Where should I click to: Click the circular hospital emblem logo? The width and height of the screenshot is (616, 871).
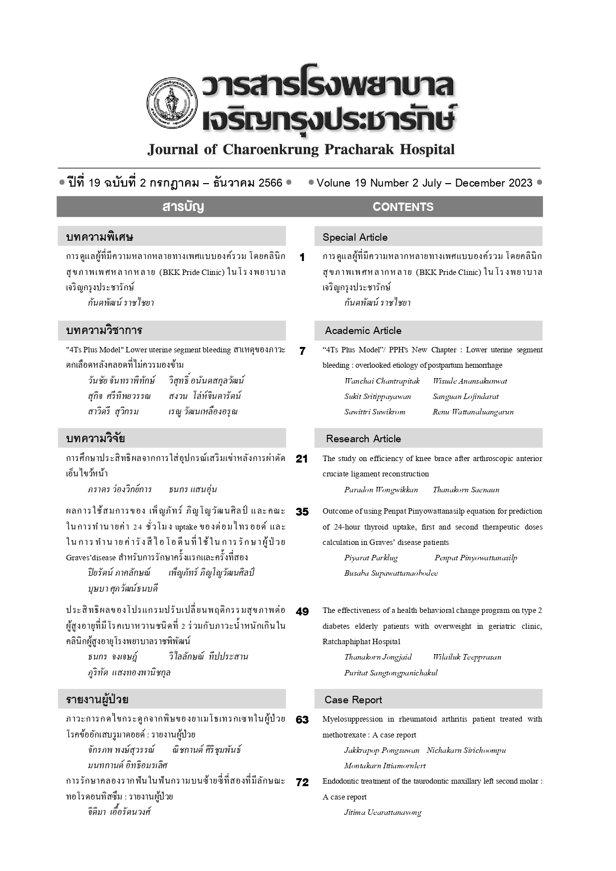pos(172,103)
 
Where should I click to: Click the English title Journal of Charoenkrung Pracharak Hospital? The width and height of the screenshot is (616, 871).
pos(301,149)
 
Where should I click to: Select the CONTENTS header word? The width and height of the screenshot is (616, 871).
pos(403,207)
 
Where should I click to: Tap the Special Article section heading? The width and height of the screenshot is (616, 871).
pos(355,237)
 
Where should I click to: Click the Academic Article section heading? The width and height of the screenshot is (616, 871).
pos(363,331)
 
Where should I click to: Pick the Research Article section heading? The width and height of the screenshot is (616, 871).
pos(363,439)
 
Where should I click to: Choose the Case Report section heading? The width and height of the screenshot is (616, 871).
pos(353,700)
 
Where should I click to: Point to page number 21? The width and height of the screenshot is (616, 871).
pos(302,459)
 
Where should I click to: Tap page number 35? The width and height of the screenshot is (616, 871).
pos(302,512)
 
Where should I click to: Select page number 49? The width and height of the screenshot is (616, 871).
pos(302,612)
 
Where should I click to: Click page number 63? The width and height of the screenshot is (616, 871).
pos(302,720)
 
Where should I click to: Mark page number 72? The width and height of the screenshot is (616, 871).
pos(302,783)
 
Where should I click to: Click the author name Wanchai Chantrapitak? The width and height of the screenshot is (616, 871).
pos(382,381)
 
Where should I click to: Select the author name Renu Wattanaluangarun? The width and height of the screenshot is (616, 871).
pos(473,412)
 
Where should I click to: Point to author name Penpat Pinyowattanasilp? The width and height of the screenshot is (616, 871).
pos(476,558)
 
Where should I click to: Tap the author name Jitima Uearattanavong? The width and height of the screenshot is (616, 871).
pos(383,812)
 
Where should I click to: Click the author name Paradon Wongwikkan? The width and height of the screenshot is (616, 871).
pos(381,490)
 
